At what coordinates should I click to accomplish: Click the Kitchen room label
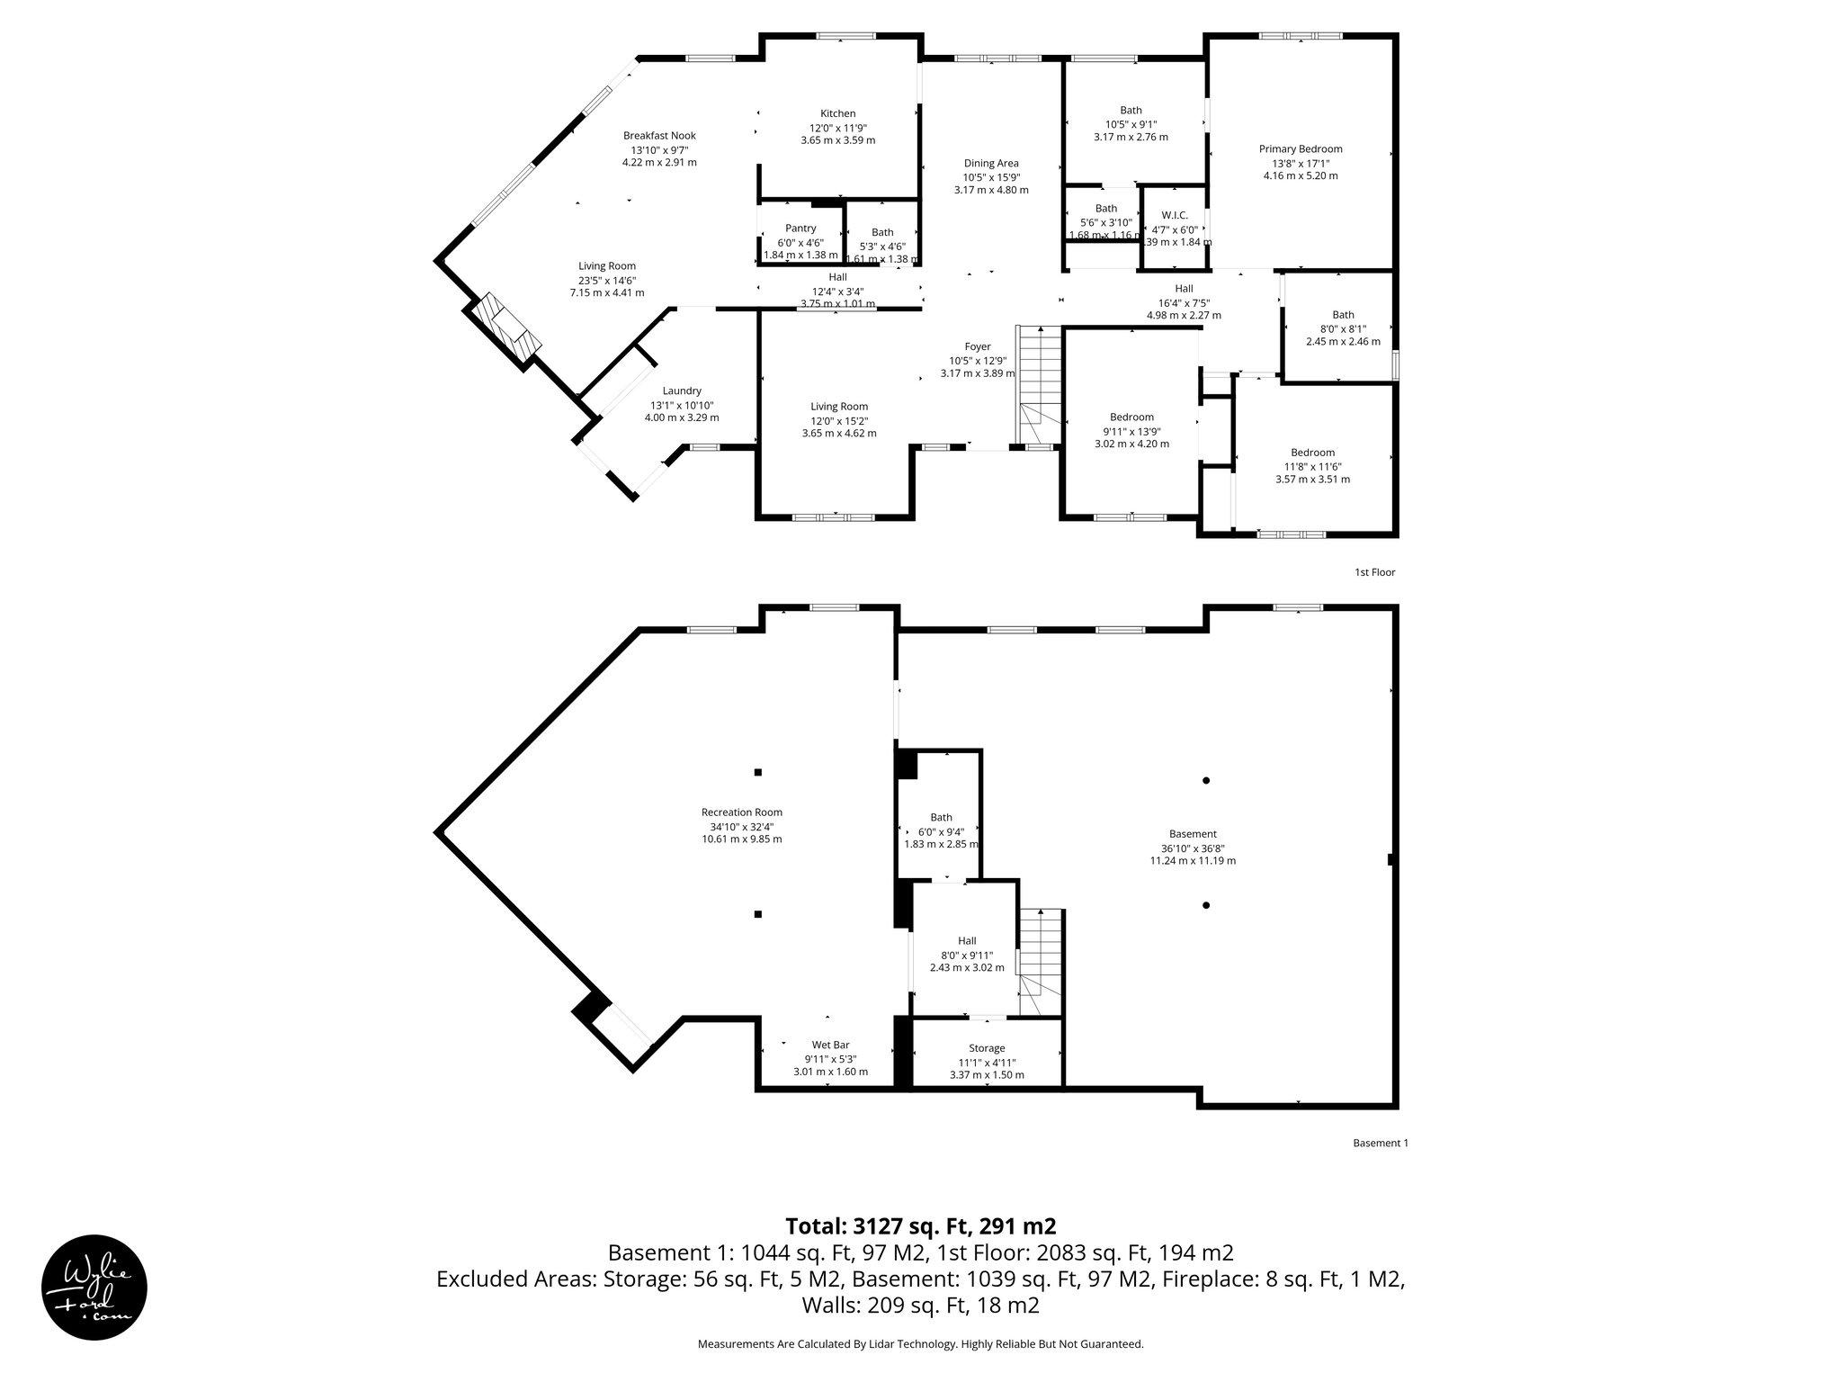coord(837,114)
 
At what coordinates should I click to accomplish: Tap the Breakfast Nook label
coord(659,136)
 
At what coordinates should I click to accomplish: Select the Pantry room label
coord(800,229)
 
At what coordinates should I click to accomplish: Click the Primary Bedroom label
coord(1300,149)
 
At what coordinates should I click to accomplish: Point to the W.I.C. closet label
coord(1174,215)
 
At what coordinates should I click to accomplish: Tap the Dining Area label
coord(991,164)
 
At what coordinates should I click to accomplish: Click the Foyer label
coord(978,346)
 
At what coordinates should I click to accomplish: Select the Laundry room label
coord(682,390)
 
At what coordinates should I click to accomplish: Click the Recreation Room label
coord(742,812)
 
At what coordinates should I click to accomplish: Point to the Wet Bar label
coord(830,1045)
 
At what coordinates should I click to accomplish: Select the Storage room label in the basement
coord(987,1048)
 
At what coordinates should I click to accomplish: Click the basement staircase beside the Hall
coord(1042,963)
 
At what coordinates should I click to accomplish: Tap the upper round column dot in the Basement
coord(1206,780)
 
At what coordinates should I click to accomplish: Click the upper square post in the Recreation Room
coord(758,772)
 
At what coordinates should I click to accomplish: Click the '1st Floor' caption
coord(1374,572)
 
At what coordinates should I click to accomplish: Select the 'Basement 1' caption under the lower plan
coord(1380,1144)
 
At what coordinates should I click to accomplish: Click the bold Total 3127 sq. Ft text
coord(920,1226)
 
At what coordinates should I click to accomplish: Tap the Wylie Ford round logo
coord(94,1287)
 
